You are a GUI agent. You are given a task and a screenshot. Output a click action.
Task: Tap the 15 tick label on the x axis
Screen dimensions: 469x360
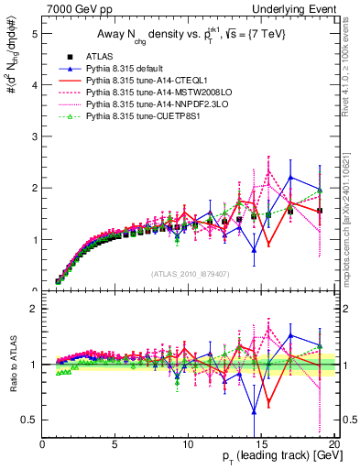tap(262, 444)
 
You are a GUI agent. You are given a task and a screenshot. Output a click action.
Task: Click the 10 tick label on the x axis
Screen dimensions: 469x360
tap(189, 444)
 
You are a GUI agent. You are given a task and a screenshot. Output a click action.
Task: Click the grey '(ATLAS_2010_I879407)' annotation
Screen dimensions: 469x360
tap(190, 273)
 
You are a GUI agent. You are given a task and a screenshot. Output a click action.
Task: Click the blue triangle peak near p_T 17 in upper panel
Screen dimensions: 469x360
tap(290, 178)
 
